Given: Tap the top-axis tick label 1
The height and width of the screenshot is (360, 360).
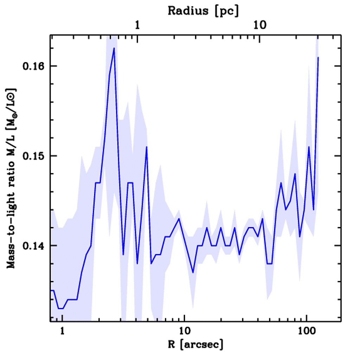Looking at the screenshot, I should (138, 25).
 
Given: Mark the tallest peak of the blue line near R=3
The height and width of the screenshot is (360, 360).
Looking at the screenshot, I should (114, 48).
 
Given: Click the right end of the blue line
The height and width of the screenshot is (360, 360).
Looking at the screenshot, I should (318, 57).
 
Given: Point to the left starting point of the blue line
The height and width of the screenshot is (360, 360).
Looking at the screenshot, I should (51, 290).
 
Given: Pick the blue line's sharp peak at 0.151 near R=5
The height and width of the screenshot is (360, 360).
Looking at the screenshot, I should (146, 147).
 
